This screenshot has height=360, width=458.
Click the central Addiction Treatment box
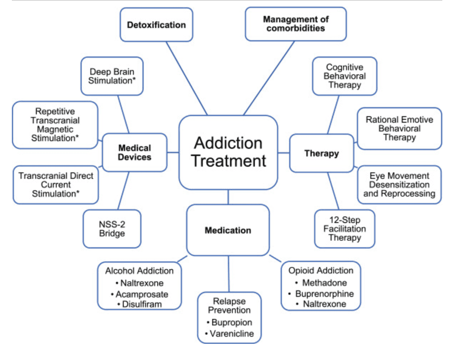pos(228,152)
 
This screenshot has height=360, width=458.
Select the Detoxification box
pos(156,25)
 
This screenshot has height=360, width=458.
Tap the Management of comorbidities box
pos(296,24)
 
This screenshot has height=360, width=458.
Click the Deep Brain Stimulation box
pos(112,76)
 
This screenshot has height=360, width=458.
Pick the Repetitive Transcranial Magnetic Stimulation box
pos(55,124)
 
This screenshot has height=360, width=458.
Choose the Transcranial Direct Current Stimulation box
pos(56,185)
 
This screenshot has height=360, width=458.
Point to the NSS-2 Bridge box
pos(112,228)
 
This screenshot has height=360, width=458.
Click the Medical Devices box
pos(134,152)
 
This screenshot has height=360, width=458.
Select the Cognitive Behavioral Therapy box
pos(344,76)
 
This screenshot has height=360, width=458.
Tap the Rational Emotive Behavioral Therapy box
pos(399,128)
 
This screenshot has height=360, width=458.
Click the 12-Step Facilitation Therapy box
pos(344,228)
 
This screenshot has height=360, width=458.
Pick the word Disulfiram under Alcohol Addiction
pos(142,304)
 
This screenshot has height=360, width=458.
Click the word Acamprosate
pos(142,294)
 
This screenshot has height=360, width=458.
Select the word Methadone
pos(324,283)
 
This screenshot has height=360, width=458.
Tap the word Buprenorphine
pos(324,294)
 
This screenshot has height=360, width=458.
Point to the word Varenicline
pos(232,333)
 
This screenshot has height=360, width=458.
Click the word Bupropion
pos(232,322)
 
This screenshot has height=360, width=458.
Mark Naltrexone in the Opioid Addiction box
pos(324,303)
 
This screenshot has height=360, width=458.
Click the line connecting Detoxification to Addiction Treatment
pos(187,78)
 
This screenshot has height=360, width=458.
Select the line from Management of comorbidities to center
pos(269,78)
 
